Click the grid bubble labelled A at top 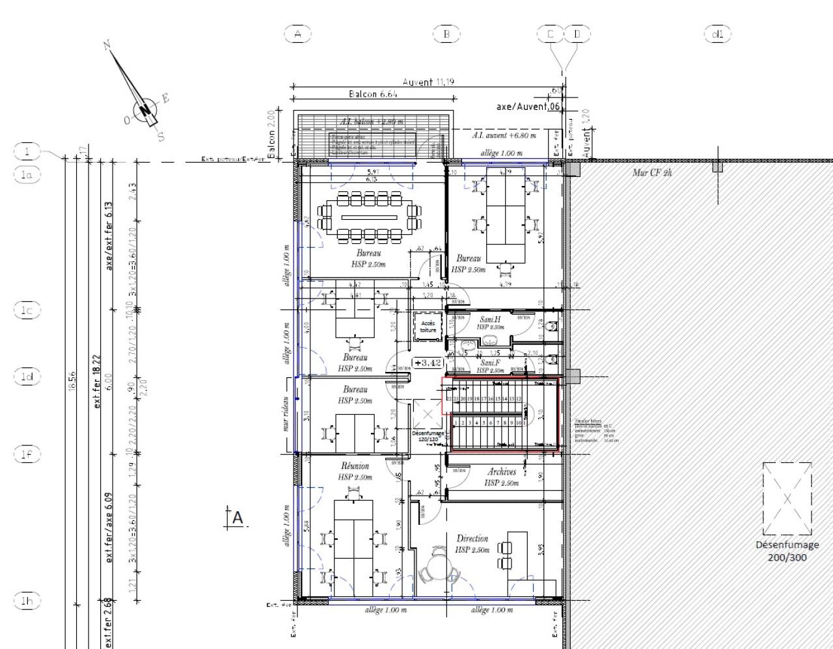[x=298, y=34]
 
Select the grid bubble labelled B [x=446, y=34]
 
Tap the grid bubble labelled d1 [x=717, y=34]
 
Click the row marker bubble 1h [x=27, y=601]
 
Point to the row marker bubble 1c [x=27, y=310]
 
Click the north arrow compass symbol [x=144, y=109]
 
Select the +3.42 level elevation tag [x=428, y=363]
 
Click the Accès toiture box [x=428, y=326]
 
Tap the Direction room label [x=472, y=538]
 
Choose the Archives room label [x=502, y=472]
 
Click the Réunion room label [x=355, y=466]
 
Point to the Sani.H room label [x=490, y=319]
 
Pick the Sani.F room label [x=490, y=363]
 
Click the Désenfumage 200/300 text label [x=787, y=551]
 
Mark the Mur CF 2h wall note [x=652, y=172]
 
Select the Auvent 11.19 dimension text [x=428, y=82]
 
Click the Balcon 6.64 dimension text [x=373, y=94]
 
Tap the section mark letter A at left [x=238, y=518]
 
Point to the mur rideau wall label [x=286, y=414]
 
